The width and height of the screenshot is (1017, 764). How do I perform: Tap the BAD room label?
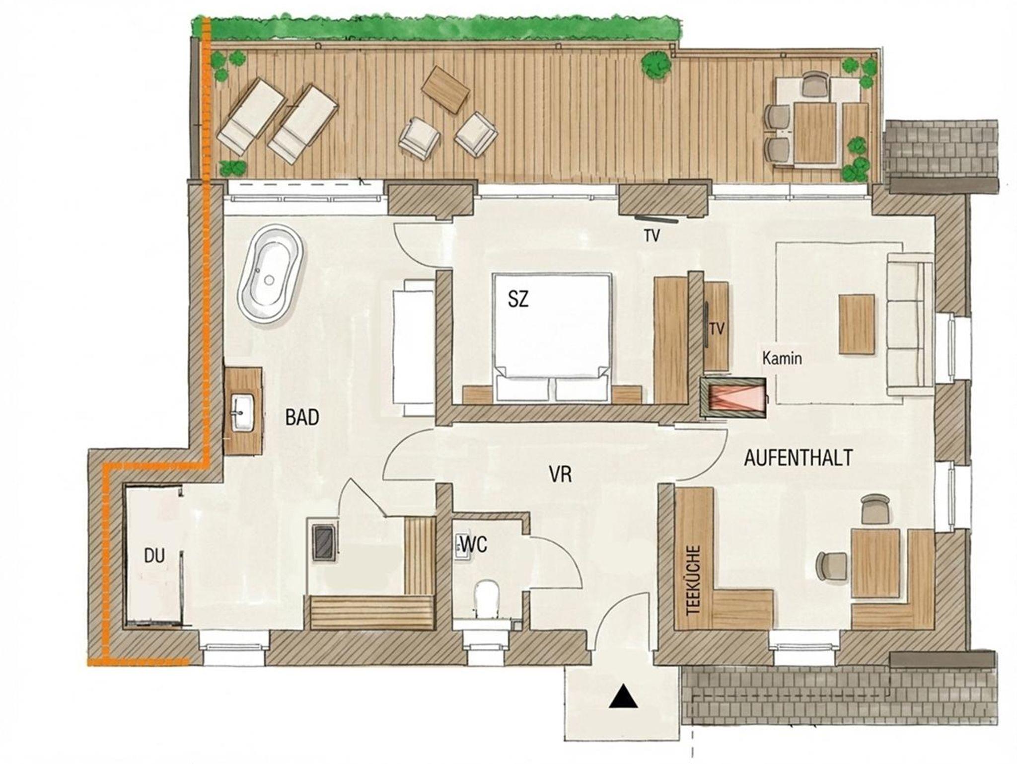pos(302,417)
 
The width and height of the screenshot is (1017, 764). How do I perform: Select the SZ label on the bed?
pos(518,299)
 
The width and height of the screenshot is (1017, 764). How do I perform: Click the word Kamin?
pos(782,359)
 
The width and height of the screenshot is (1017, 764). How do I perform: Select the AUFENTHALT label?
pos(799,458)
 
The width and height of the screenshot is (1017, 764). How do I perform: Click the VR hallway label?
pos(560,474)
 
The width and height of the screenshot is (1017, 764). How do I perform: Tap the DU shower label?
pos(154,556)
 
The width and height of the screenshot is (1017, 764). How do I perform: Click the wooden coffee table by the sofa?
pos(857,323)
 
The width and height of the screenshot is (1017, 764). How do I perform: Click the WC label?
pos(474,545)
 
